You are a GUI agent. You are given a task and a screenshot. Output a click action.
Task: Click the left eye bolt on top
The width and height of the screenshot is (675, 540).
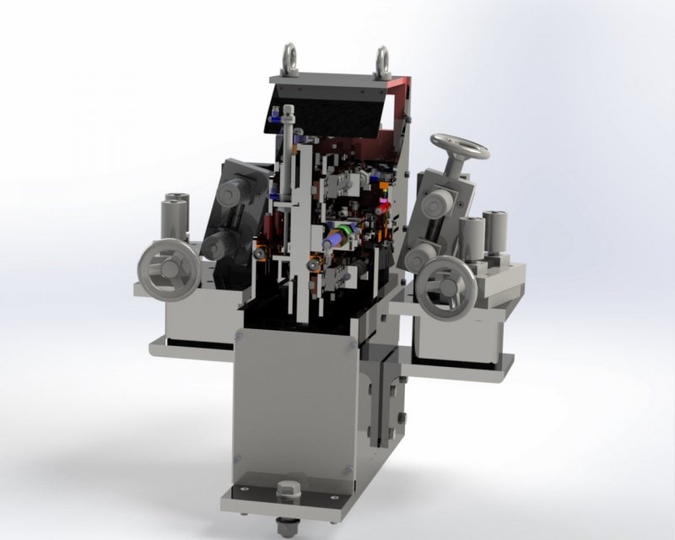tap(290, 57)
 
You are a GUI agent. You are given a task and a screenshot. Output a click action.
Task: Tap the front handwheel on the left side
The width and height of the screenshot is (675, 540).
tap(170, 269)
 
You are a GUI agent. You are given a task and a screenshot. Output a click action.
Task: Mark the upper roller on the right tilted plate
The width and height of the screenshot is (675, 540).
tap(440, 203)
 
